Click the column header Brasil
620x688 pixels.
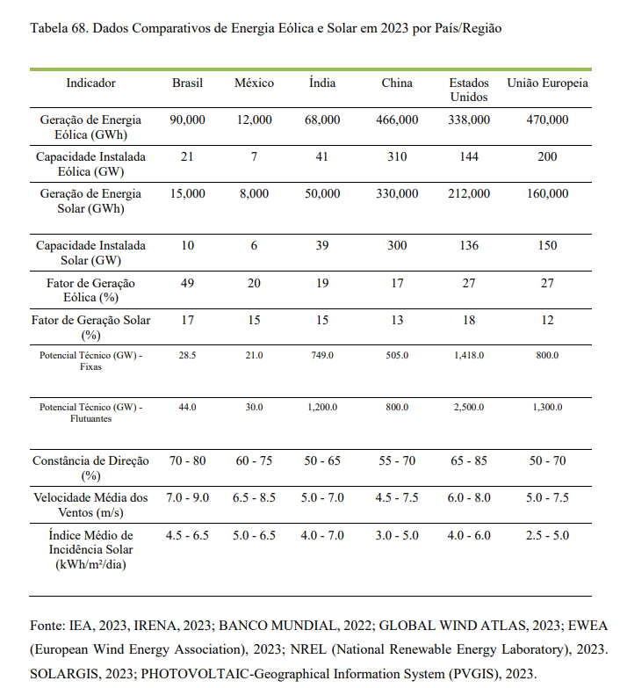[x=187, y=83]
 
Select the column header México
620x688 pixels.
[x=254, y=83]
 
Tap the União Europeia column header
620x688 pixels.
[x=547, y=83]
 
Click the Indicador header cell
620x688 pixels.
[x=90, y=83]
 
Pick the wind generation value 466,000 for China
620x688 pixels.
[x=397, y=119]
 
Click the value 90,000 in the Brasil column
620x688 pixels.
[x=187, y=119]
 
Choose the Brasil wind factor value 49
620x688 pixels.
[x=187, y=283]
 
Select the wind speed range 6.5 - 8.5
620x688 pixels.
[x=254, y=497]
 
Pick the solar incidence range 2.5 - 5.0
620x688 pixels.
[x=547, y=535]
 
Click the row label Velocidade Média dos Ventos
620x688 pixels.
[x=90, y=504]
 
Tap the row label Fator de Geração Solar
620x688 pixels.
[x=90, y=327]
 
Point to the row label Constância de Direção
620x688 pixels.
[x=90, y=467]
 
